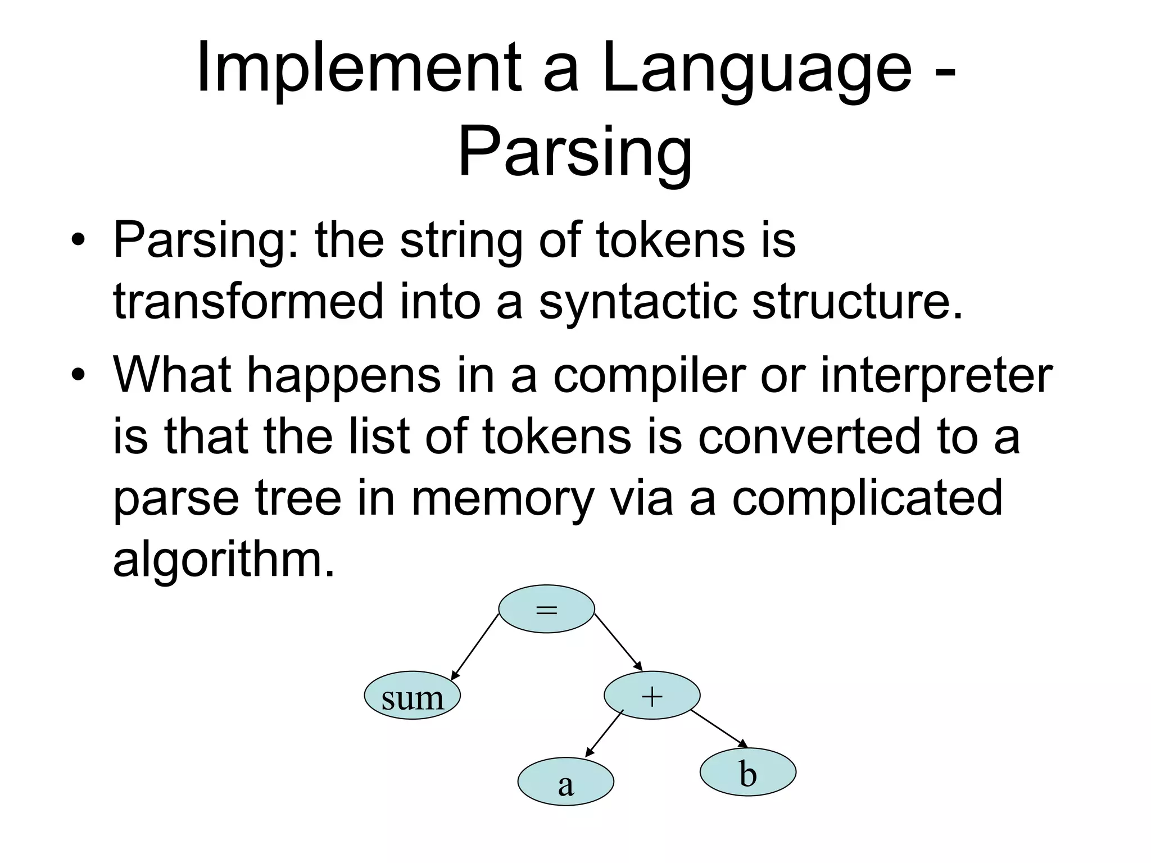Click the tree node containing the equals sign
pyautogui.click(x=546, y=609)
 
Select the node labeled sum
pyautogui.click(x=412, y=696)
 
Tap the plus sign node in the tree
pyautogui.click(x=652, y=696)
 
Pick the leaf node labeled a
pyautogui.click(x=565, y=782)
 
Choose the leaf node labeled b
pyautogui.click(x=747, y=772)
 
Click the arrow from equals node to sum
pyautogui.click(x=475, y=646)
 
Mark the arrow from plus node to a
pyautogui.click(x=605, y=733)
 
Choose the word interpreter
pyautogui.click(x=936, y=375)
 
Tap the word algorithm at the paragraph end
pyautogui.click(x=219, y=559)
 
